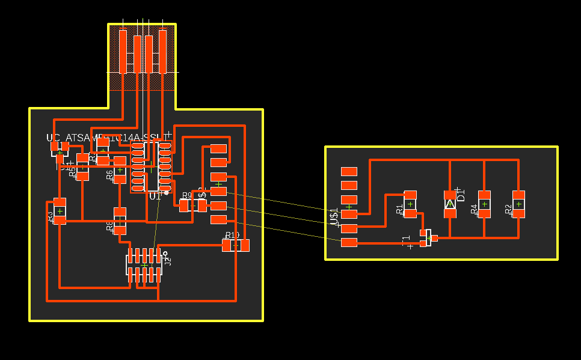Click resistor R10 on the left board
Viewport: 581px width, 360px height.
click(x=236, y=245)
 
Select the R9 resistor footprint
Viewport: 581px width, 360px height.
click(x=193, y=206)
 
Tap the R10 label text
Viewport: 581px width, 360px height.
click(x=232, y=235)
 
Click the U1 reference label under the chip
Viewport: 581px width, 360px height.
click(x=155, y=197)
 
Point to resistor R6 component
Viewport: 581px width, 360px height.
click(x=120, y=171)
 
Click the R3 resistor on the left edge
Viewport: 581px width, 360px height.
click(x=60, y=211)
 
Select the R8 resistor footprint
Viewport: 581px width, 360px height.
click(x=120, y=221)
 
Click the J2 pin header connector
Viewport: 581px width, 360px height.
click(x=144, y=265)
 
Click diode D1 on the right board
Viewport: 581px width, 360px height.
click(x=450, y=204)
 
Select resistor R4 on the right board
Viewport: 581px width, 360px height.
click(x=484, y=204)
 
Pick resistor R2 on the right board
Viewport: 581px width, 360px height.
click(x=518, y=204)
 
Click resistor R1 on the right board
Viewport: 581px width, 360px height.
click(x=410, y=204)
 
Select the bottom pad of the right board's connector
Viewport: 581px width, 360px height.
click(x=349, y=242)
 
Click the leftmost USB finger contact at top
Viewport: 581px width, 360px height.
click(x=123, y=52)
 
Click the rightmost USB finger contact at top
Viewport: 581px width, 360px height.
click(x=162, y=50)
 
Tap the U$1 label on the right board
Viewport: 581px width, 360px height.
click(x=334, y=216)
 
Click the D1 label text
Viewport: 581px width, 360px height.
click(x=461, y=194)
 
